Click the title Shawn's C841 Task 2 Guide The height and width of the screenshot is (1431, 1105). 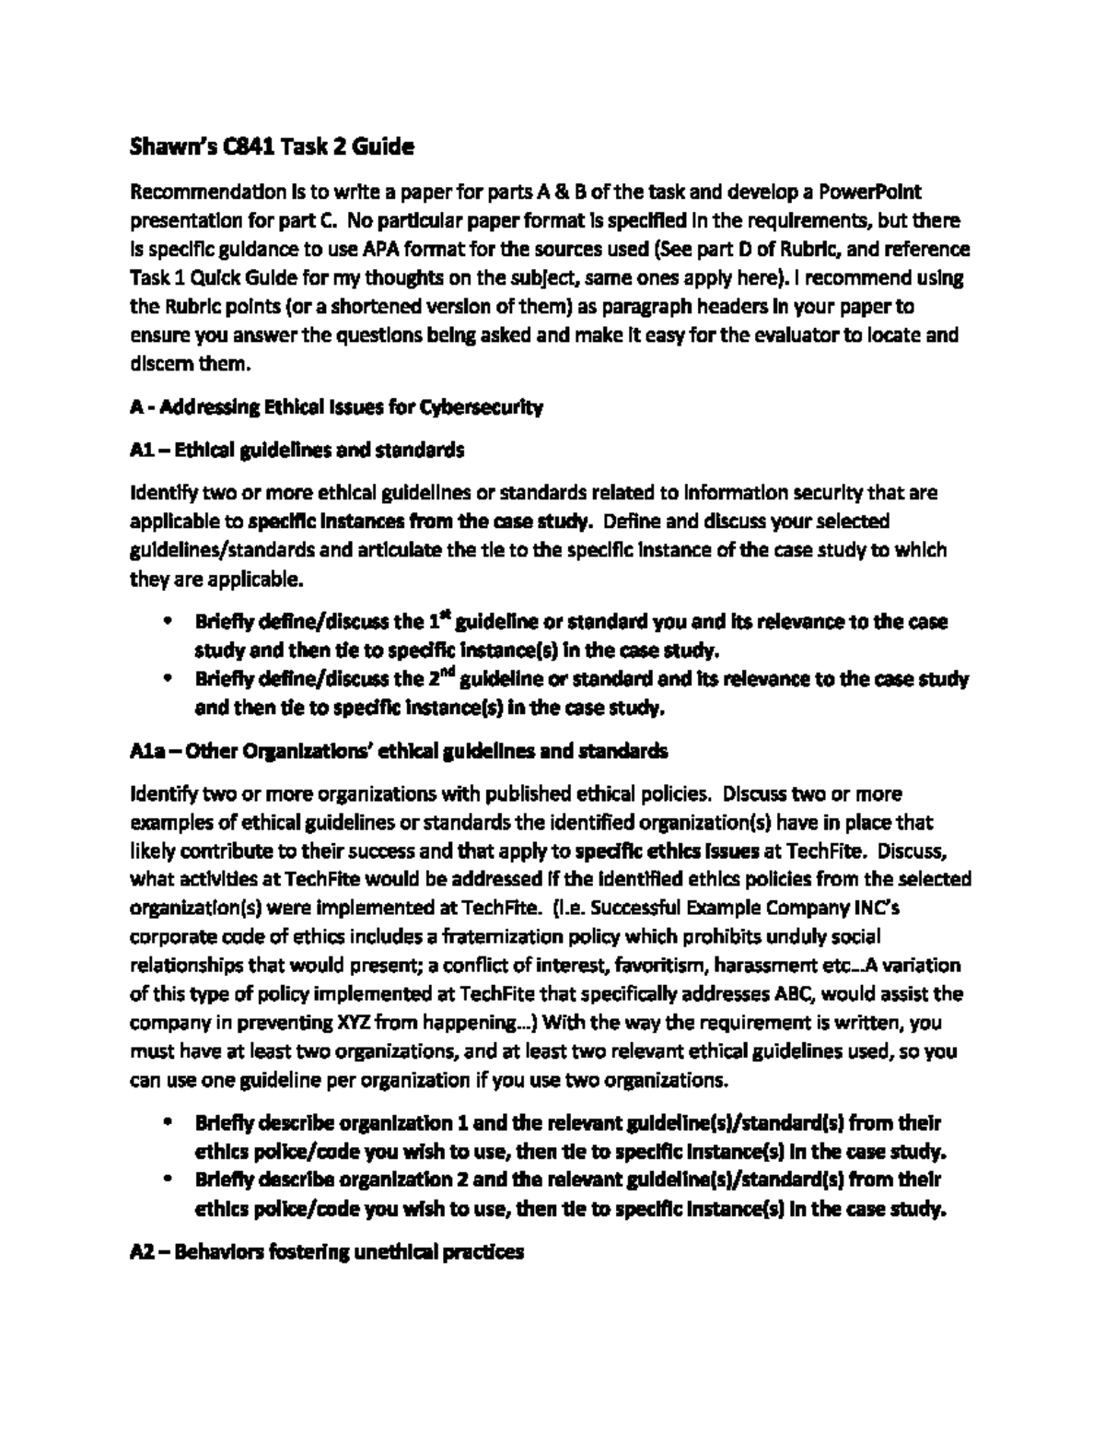tap(272, 146)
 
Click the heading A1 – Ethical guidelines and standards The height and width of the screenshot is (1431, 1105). tap(297, 450)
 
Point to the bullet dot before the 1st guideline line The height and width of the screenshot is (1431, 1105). tap(167, 622)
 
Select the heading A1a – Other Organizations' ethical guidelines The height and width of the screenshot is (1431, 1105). tap(398, 751)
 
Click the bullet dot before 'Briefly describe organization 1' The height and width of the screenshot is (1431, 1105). tap(167, 1123)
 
